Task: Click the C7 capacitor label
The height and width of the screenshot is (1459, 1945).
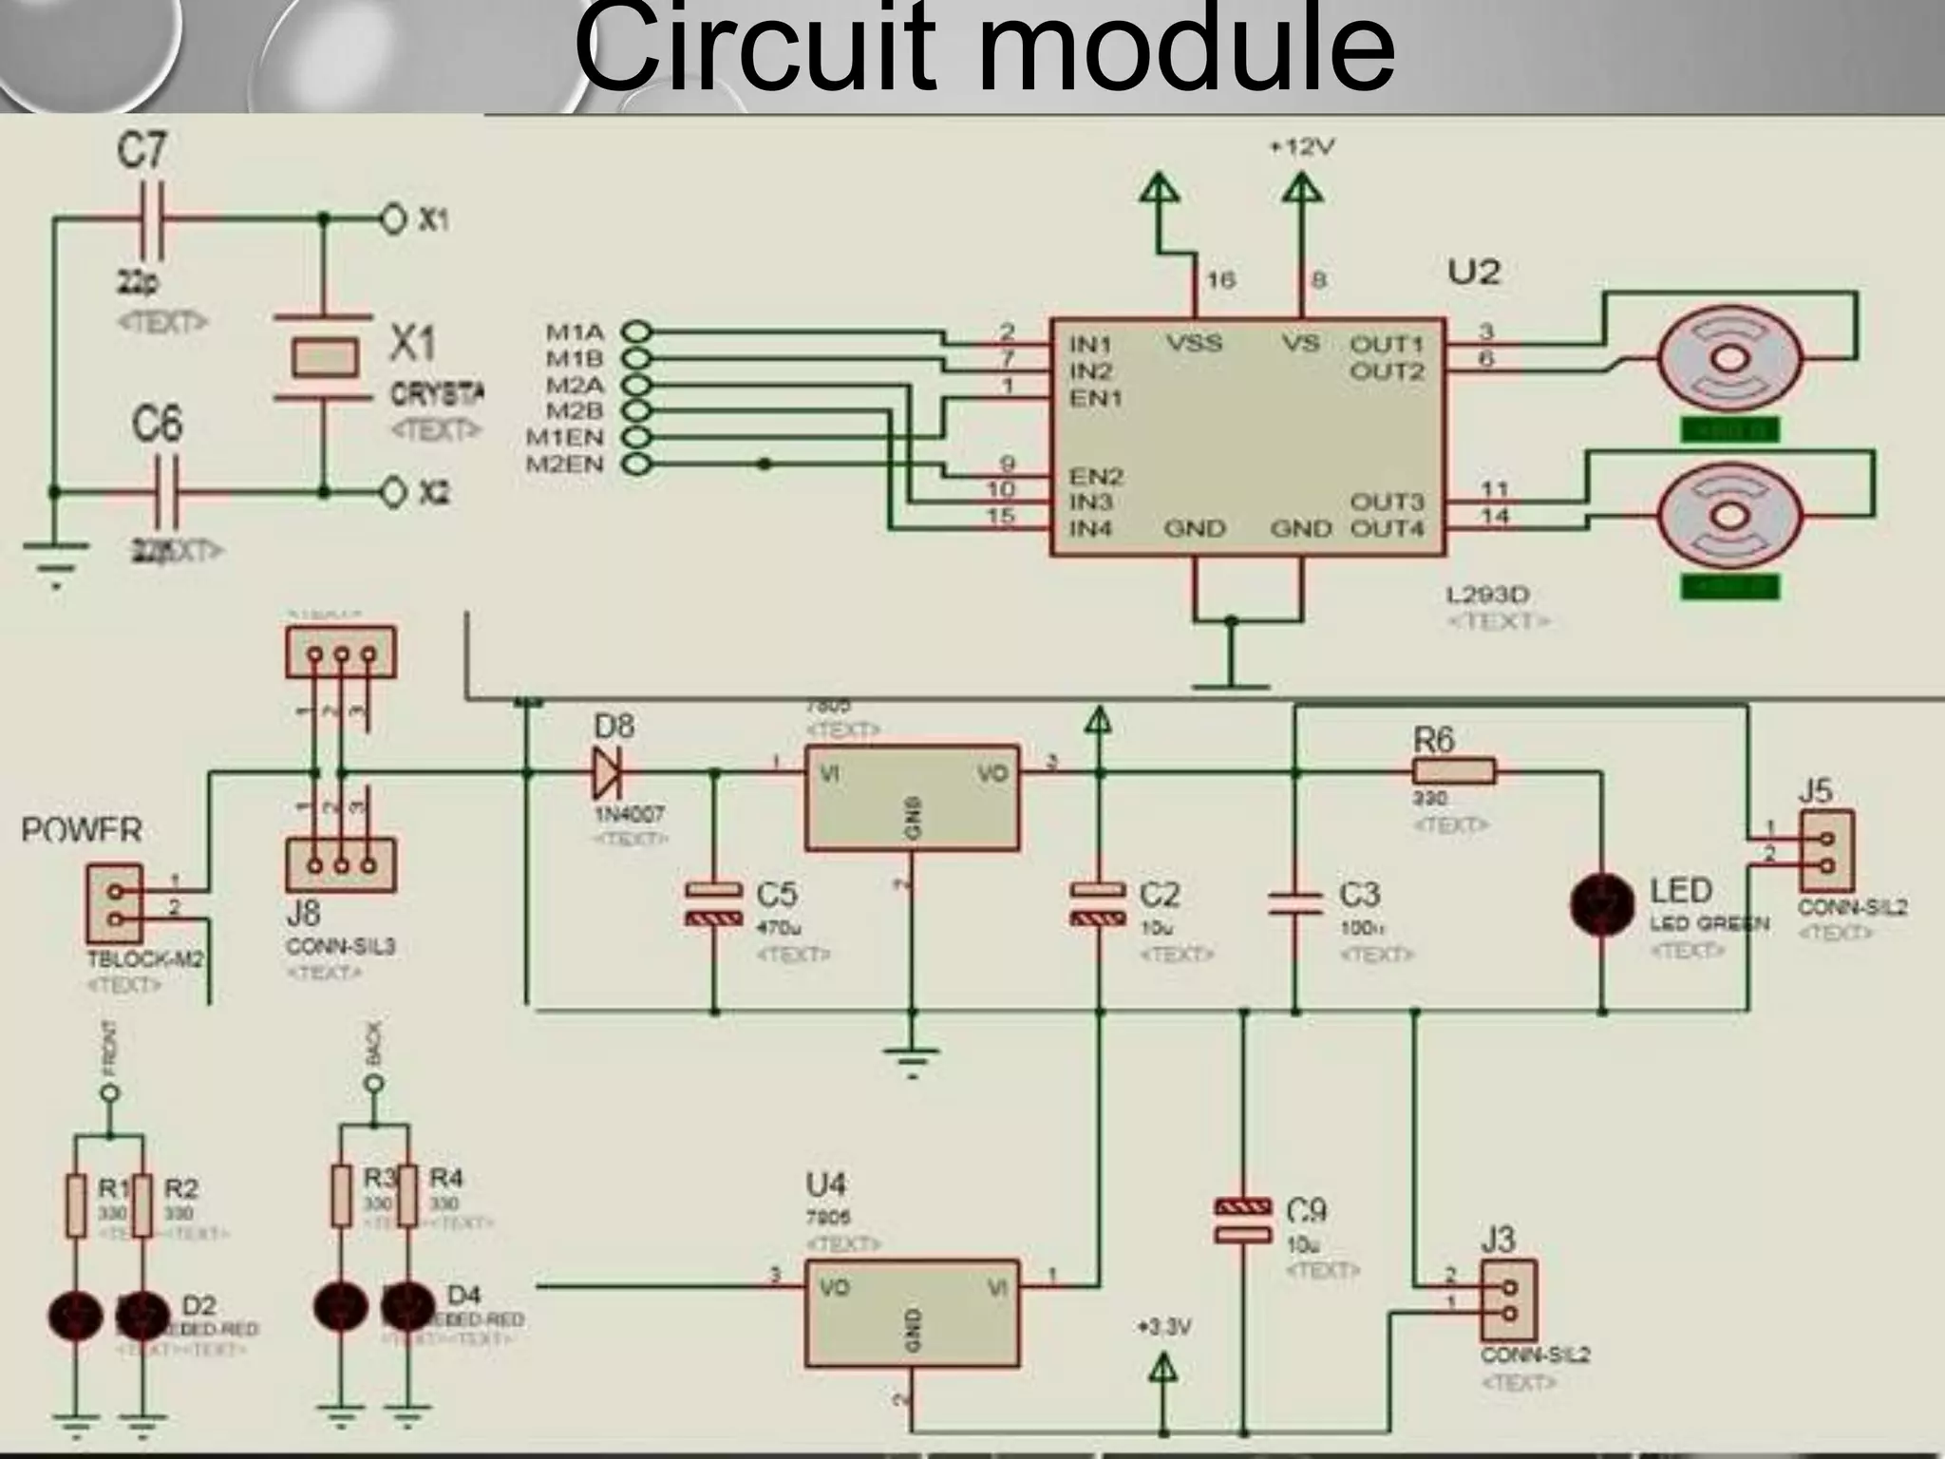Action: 142,151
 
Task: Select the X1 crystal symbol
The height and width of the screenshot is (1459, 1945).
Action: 324,357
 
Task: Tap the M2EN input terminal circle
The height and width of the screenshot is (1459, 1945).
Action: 637,464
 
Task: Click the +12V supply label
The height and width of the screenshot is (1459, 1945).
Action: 1302,148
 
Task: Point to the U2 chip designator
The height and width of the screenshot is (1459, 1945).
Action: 1473,273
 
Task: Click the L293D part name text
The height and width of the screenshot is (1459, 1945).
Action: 1487,595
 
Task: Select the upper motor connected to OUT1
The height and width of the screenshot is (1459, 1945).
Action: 1729,359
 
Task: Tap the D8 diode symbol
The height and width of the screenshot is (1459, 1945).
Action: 606,773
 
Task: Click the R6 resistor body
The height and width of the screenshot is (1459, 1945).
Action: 1453,771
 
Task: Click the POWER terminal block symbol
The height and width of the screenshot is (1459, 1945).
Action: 115,905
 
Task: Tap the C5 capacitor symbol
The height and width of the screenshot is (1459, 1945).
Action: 713,903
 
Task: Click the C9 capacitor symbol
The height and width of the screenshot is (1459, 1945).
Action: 1243,1220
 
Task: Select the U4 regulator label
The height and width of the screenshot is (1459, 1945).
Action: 825,1184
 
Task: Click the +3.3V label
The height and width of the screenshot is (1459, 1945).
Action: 1163,1327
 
